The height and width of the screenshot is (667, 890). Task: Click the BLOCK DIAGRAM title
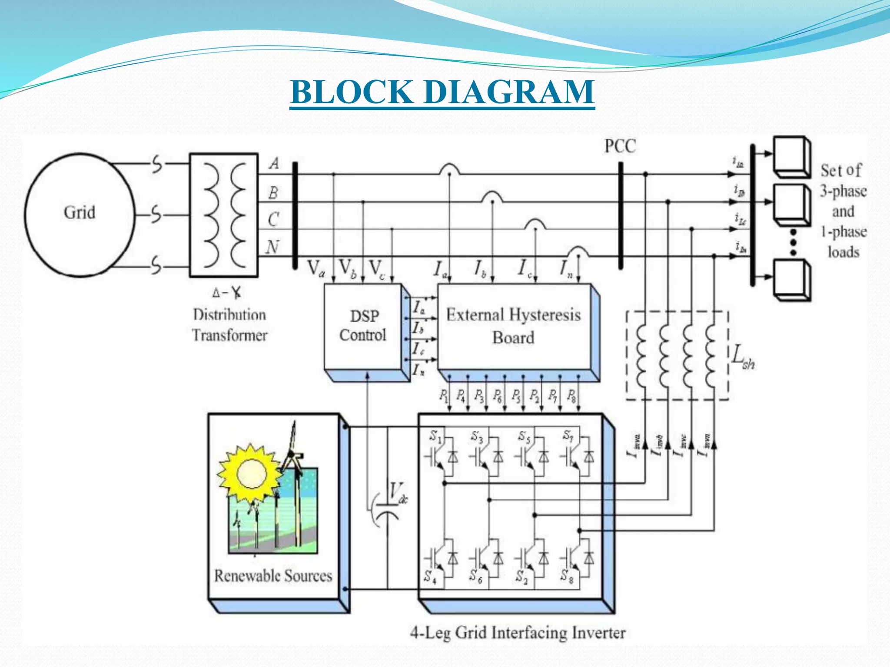(442, 92)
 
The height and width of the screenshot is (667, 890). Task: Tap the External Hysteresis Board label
(513, 326)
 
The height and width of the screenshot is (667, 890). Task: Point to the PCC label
(620, 146)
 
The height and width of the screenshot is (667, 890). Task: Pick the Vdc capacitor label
(398, 493)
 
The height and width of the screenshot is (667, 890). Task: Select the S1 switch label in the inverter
(435, 436)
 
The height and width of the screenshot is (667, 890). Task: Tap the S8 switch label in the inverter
(566, 576)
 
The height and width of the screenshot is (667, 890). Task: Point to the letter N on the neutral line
(272, 247)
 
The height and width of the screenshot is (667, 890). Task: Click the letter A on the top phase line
(274, 164)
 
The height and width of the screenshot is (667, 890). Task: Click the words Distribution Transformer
(229, 325)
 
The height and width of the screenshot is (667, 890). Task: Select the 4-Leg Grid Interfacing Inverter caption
(518, 633)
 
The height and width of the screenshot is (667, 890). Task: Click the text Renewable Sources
(273, 576)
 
